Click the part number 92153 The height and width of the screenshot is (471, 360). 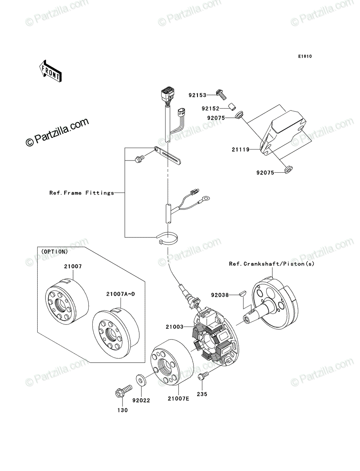pos(197,95)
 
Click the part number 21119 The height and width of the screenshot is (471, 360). pos(241,150)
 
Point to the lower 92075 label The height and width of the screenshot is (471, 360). pos(265,173)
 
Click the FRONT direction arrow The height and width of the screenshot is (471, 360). pos(50,71)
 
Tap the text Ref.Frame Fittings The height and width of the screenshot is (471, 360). pos(82,193)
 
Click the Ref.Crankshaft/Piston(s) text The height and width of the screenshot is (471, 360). pos(272,264)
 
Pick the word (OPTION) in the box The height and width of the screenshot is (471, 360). pos(55,252)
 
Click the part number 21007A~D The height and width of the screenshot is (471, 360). pos(121,294)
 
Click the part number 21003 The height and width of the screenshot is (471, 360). pos(175,327)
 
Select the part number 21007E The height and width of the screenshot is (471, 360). pos(178,398)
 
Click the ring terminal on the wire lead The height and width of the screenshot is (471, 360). pos(206,198)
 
